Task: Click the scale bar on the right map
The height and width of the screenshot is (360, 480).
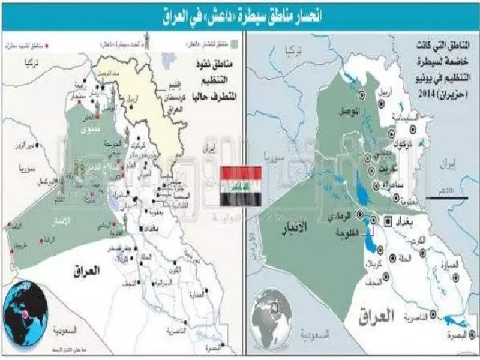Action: (444, 196)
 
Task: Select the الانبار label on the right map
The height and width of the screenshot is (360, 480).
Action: (295, 227)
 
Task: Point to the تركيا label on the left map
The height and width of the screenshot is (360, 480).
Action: (28, 62)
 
